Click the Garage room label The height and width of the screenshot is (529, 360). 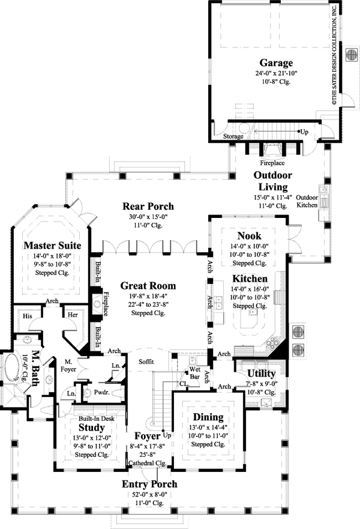276,62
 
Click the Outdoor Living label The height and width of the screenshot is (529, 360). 272,181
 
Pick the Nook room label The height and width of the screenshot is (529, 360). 249,236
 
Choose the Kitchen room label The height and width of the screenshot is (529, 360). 250,279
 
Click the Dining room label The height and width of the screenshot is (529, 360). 208,417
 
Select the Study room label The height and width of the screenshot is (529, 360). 91,428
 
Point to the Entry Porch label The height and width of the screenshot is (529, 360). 149,484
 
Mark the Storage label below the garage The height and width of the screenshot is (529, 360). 233,136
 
